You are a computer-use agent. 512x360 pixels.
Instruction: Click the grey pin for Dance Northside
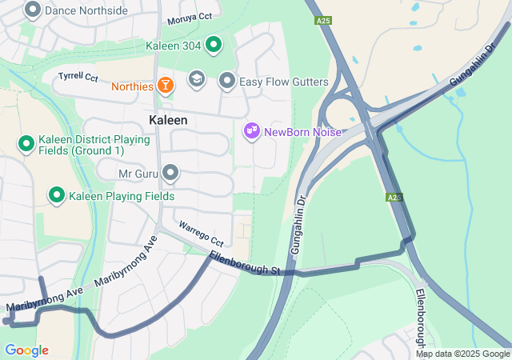point(33,10)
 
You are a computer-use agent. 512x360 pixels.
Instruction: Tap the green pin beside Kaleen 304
point(213,46)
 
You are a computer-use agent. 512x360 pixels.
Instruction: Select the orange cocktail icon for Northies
point(165,85)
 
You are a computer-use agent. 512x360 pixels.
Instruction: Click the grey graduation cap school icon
point(197,79)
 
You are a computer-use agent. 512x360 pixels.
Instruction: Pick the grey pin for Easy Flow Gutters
point(227,82)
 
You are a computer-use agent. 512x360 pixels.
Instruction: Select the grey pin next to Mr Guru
point(170,173)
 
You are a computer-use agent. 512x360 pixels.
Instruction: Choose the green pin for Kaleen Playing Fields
point(57,195)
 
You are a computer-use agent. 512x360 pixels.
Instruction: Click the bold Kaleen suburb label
point(168,120)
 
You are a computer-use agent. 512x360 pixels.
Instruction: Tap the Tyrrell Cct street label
point(78,78)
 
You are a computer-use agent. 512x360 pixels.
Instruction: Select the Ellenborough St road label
point(244,265)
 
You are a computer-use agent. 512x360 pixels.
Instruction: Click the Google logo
point(26,350)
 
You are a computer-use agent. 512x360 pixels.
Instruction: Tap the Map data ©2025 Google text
point(462,354)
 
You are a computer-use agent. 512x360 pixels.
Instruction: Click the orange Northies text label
point(132,86)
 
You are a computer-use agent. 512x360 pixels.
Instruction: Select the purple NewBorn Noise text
point(302,132)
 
